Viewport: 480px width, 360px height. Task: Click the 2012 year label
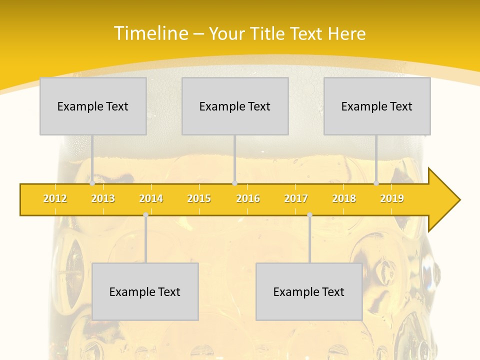coord(55,198)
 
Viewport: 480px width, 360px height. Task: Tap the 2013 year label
coord(103,198)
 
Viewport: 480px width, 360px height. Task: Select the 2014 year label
coord(151,198)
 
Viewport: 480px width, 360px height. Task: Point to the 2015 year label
coord(199,198)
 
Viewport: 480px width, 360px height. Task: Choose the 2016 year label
coord(248,198)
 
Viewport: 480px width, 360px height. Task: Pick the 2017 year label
coord(296,198)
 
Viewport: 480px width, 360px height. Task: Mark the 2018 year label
coord(344,198)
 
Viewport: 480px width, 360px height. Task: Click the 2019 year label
coord(392,198)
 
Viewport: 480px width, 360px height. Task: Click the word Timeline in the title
coord(150,33)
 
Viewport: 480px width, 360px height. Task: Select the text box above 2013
coord(93,106)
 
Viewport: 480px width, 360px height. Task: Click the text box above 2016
coord(235,106)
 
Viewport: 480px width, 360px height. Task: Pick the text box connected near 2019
coord(377,106)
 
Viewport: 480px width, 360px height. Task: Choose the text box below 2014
coord(145,291)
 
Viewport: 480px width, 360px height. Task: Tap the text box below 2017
coord(309,291)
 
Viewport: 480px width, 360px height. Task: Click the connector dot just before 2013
coord(92,183)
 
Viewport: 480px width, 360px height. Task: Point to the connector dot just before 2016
coord(235,183)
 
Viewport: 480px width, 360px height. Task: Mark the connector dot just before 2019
coord(376,183)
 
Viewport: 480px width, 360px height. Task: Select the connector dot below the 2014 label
coord(145,215)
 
